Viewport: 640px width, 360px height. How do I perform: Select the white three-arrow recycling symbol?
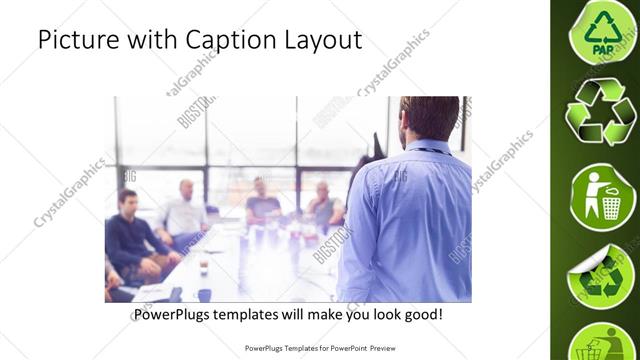coord(600,111)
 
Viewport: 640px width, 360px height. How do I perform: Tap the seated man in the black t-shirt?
coord(262,201)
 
